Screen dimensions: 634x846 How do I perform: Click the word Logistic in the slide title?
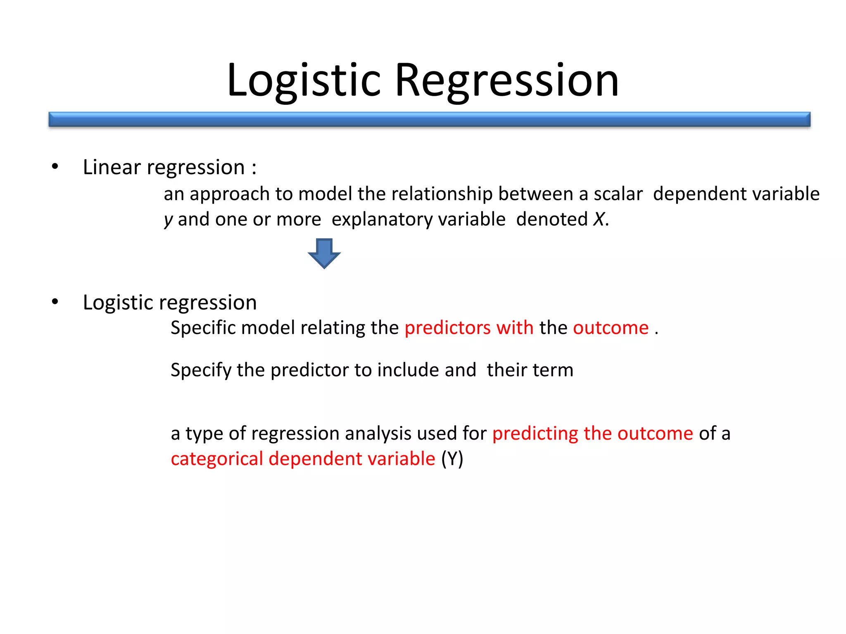pyautogui.click(x=304, y=80)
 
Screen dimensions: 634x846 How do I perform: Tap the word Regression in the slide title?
pyautogui.click(x=507, y=80)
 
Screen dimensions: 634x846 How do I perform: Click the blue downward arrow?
pyautogui.click(x=324, y=253)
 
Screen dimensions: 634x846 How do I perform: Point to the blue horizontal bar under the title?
pyautogui.click(x=429, y=119)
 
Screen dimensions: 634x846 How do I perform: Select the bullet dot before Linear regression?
pyautogui.click(x=55, y=167)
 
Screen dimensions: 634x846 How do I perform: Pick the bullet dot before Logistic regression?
pyautogui.click(x=55, y=302)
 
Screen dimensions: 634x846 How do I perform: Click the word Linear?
pyautogui.click(x=112, y=167)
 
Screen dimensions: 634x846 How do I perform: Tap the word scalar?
pyautogui.click(x=618, y=194)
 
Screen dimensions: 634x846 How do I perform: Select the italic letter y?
pyautogui.click(x=168, y=220)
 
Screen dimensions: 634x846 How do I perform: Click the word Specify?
pyautogui.click(x=201, y=370)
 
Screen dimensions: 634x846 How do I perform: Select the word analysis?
pyautogui.click(x=379, y=433)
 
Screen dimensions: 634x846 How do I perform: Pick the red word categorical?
pyautogui.click(x=217, y=459)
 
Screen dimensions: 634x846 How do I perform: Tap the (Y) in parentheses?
pyautogui.click(x=452, y=459)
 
